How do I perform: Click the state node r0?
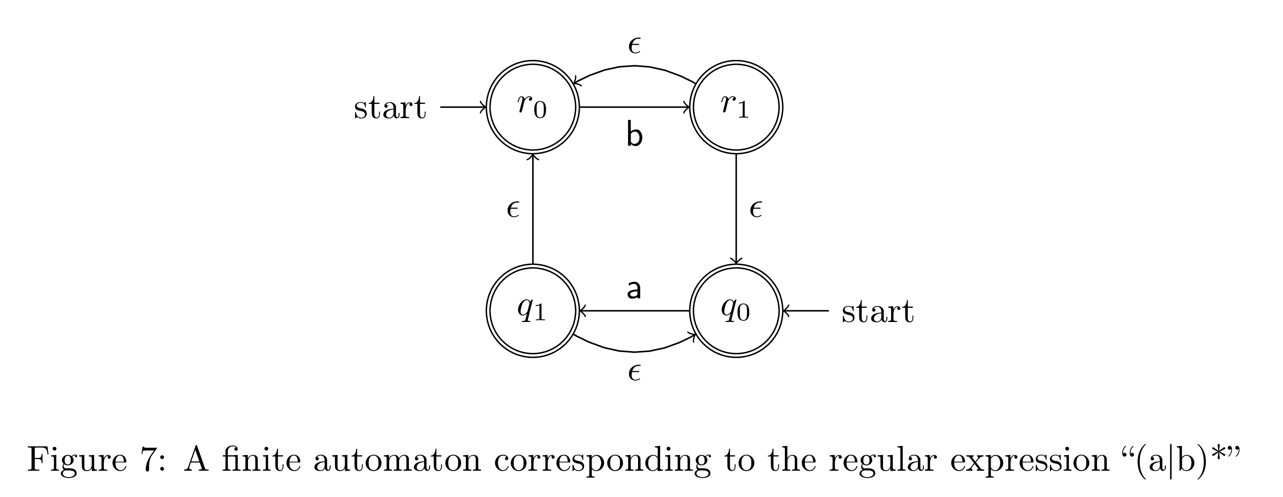[533, 106]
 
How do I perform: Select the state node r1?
[736, 106]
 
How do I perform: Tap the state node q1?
[533, 310]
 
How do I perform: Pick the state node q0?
[736, 310]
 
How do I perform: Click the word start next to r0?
[390, 108]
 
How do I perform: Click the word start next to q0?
[877, 312]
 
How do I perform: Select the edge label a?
[633, 289]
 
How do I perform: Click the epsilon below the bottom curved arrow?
[634, 372]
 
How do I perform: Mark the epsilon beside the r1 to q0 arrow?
[756, 209]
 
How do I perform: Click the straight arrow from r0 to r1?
[634, 106]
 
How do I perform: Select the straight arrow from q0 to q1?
[634, 310]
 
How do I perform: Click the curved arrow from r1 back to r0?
[634, 66]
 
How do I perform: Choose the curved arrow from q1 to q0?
[634, 351]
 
